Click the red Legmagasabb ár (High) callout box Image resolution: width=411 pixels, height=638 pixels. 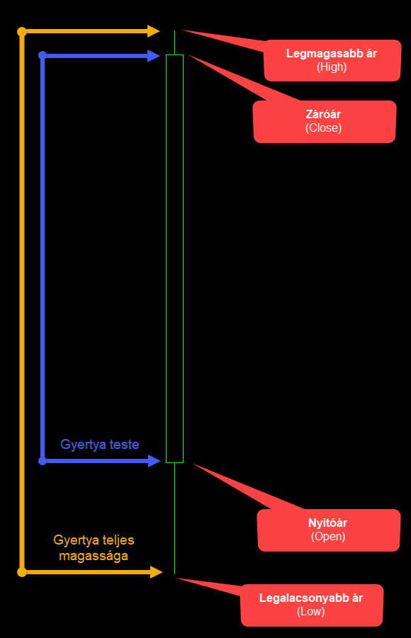pos(332,60)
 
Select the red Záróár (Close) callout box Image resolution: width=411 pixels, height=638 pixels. pos(325,122)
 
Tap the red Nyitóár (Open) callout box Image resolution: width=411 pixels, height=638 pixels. pos(329,530)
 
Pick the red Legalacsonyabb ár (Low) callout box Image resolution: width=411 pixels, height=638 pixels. pos(312,605)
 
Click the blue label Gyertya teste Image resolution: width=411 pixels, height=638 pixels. pos(100,444)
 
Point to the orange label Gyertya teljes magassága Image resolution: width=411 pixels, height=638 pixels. pos(94,547)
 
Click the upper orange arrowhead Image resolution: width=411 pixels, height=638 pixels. pos(154,31)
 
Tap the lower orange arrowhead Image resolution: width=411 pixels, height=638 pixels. pos(157,572)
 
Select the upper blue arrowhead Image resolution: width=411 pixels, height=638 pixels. pos(154,55)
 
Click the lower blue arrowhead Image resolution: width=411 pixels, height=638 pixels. pos(154,461)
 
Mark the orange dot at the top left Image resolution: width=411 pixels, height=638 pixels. pos(22,32)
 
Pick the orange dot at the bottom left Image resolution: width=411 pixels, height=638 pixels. pos(22,572)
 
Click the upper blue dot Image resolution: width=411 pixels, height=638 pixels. pos(43,55)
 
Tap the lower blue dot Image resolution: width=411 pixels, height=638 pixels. pos(43,461)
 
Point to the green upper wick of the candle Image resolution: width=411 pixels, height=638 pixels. pos(175,42)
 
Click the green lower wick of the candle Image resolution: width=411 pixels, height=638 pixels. pos(175,518)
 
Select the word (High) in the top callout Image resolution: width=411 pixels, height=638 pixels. pos(332,67)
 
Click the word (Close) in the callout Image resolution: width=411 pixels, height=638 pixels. pos(324,128)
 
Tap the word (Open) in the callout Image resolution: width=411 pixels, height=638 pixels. pos(328,537)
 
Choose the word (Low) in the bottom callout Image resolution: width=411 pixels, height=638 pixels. pos(311,612)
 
